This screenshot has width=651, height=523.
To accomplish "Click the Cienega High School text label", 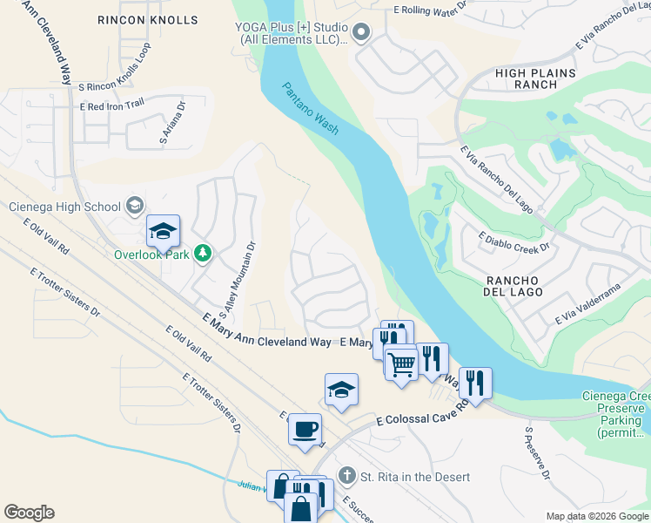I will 64,207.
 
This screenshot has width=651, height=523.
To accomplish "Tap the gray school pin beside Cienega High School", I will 135,206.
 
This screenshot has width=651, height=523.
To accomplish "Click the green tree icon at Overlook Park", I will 203,253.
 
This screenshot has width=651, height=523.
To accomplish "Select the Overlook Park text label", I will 151,255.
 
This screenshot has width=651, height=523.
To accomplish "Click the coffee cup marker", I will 305,430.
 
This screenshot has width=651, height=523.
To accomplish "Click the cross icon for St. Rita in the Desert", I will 346,476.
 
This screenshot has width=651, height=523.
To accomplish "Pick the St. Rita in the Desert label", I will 415,477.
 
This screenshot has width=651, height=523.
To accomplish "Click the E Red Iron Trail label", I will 111,106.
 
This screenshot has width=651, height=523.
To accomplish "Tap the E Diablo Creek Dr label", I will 514,241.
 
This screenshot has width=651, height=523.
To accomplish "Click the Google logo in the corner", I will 29,513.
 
